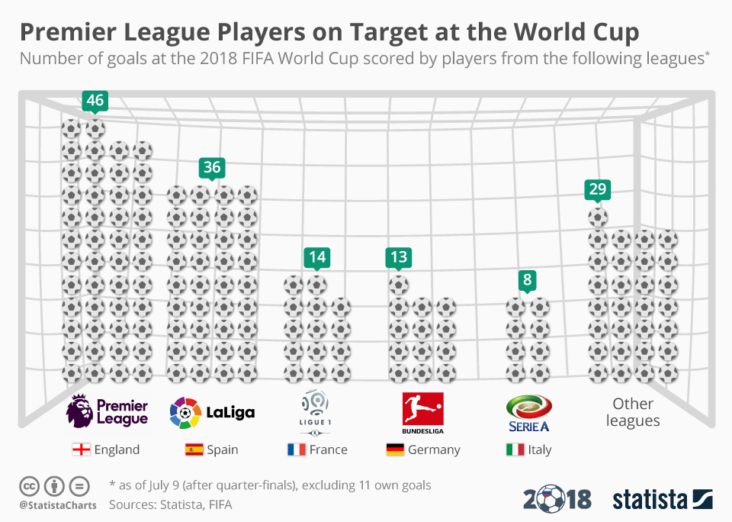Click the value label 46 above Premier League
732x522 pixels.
pos(95,100)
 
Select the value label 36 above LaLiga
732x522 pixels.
pos(211,166)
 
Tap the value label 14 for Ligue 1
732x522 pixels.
pos(317,257)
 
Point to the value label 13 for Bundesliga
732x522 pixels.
pos(398,257)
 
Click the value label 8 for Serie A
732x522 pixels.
pos(527,280)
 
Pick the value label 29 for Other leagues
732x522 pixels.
pos(597,189)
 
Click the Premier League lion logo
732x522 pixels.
pos(80,411)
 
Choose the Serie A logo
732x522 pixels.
pos(528,413)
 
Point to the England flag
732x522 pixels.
pos(81,449)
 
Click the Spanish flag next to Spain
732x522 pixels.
pos(194,449)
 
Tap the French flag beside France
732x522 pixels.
pos(297,449)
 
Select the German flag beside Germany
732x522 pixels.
pos(395,449)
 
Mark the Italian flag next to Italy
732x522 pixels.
pos(515,449)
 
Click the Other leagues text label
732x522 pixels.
pos(633,412)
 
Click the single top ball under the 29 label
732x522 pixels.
pos(598,217)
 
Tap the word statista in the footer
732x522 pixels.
pos(650,499)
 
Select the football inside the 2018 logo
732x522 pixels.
pos(550,500)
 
